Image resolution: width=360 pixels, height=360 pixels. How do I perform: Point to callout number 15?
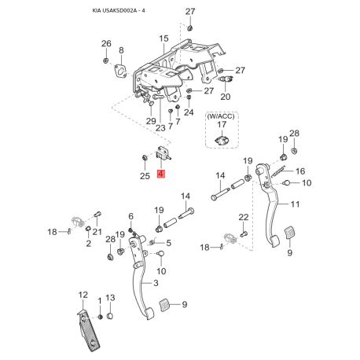pyautogui.click(x=163, y=39)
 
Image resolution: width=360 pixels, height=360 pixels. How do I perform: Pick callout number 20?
pyautogui.click(x=225, y=97)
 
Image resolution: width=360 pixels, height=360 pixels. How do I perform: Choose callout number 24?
pyautogui.click(x=189, y=112)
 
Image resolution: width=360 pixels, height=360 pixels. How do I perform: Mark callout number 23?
pyautogui.click(x=160, y=127)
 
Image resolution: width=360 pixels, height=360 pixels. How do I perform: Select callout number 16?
pyautogui.click(x=299, y=171)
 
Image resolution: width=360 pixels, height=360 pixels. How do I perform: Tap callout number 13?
pyautogui.click(x=110, y=298)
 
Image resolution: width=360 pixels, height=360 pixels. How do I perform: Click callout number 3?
pyautogui.click(x=156, y=283)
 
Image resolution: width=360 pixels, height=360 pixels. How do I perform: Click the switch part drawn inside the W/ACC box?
pyautogui.click(x=221, y=139)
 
